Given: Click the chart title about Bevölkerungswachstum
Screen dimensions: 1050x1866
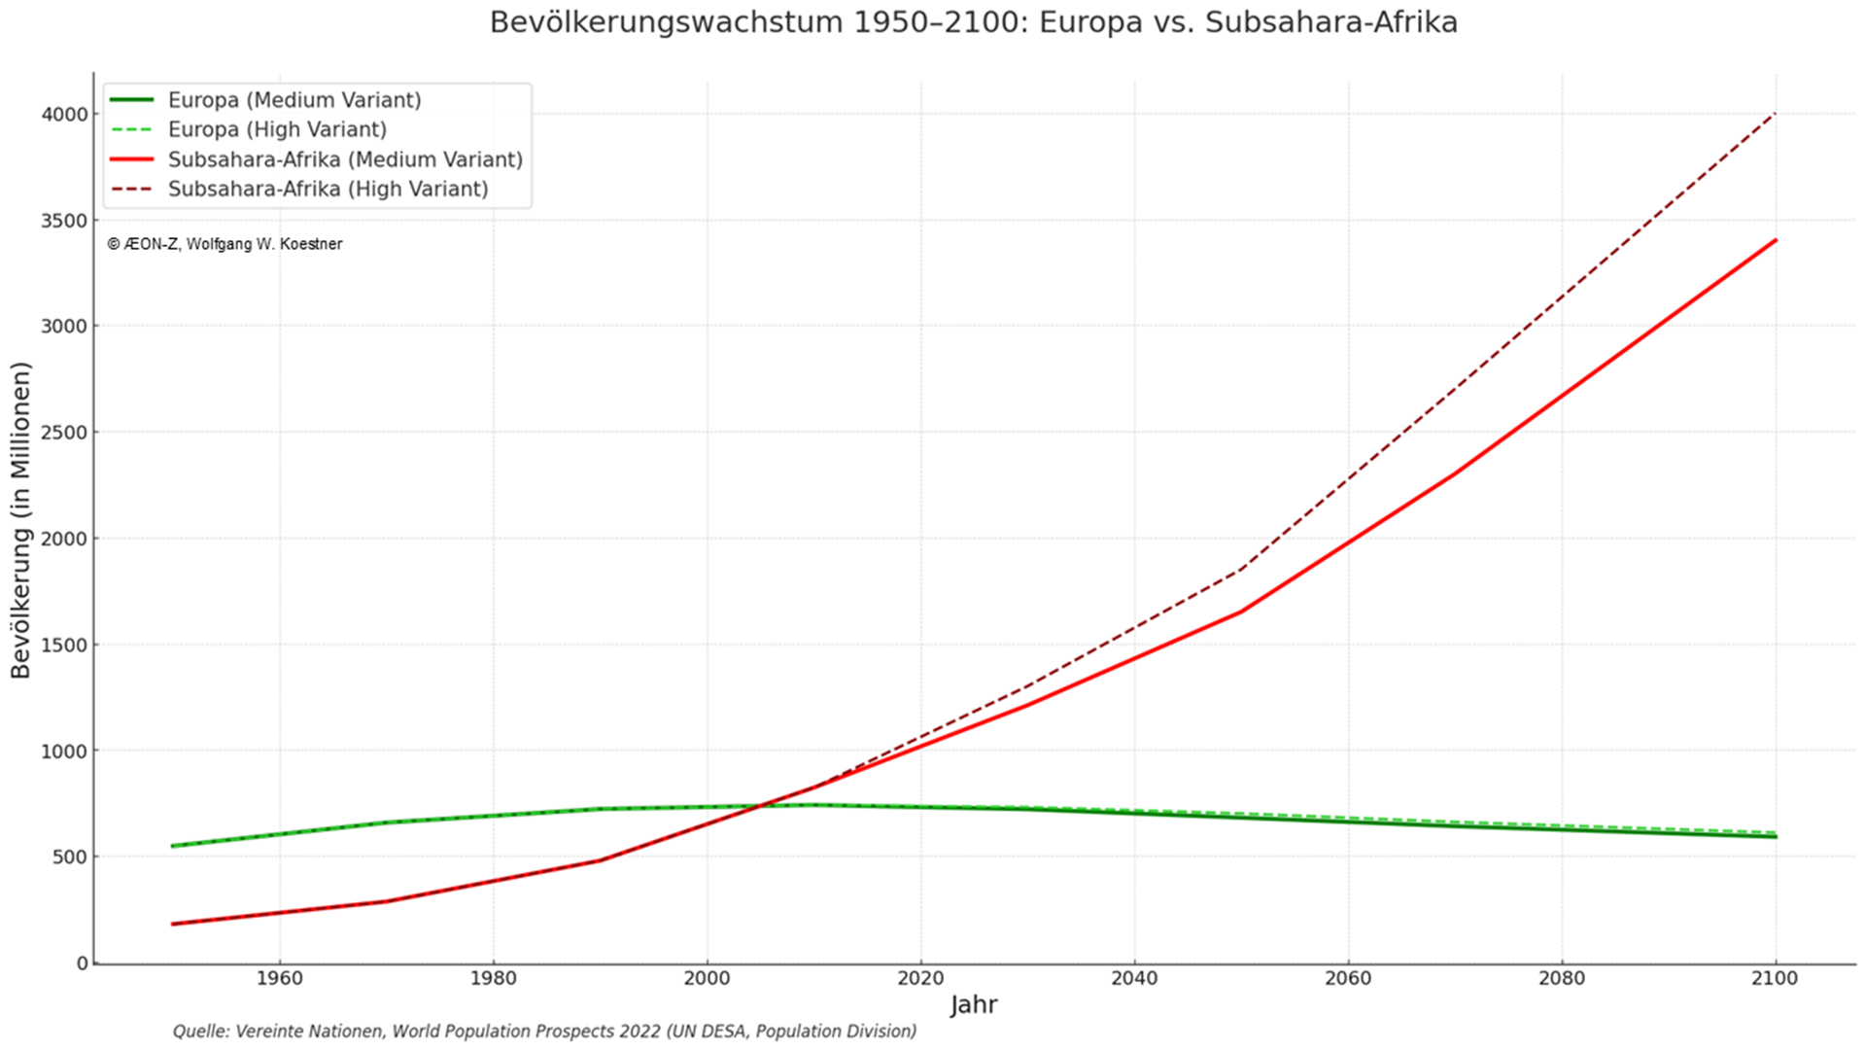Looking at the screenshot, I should pyautogui.click(x=973, y=22).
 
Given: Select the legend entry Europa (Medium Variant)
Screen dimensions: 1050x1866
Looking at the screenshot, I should pyautogui.click(x=294, y=100).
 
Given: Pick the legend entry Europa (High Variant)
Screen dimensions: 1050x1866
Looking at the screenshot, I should pyautogui.click(x=277, y=129).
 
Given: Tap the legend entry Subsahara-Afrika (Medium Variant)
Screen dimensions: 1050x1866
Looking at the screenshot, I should pyautogui.click(x=345, y=159).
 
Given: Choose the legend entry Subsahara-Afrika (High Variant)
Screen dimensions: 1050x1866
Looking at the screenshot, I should pyautogui.click(x=328, y=189).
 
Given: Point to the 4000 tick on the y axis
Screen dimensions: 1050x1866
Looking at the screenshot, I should pyautogui.click(x=64, y=115).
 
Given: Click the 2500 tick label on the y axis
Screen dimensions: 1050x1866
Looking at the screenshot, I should pyautogui.click(x=64, y=433).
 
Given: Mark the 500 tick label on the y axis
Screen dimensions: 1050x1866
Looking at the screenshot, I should pyautogui.click(x=70, y=857).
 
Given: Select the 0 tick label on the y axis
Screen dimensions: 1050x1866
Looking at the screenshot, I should pyautogui.click(x=83, y=963).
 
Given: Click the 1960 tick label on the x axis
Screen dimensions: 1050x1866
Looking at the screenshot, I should pyautogui.click(x=279, y=979).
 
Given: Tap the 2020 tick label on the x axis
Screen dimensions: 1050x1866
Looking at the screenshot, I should pyautogui.click(x=920, y=979).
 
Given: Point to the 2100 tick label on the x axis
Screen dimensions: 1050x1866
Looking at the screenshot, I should pyautogui.click(x=1776, y=979).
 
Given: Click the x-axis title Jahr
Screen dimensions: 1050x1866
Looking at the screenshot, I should pyautogui.click(x=974, y=1005).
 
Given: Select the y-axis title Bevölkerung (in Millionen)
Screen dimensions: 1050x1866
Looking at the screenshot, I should pyautogui.click(x=21, y=520).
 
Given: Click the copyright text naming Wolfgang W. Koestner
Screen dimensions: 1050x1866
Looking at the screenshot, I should pyautogui.click(x=225, y=245).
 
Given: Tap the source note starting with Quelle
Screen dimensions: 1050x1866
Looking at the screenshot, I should pyautogui.click(x=544, y=1032).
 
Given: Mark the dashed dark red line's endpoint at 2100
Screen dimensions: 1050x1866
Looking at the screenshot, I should pyautogui.click(x=1776, y=114).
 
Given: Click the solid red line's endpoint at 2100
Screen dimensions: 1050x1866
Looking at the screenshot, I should pyautogui.click(x=1776, y=240).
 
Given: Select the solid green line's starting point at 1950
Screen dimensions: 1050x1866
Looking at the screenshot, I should pyautogui.click(x=173, y=846).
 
